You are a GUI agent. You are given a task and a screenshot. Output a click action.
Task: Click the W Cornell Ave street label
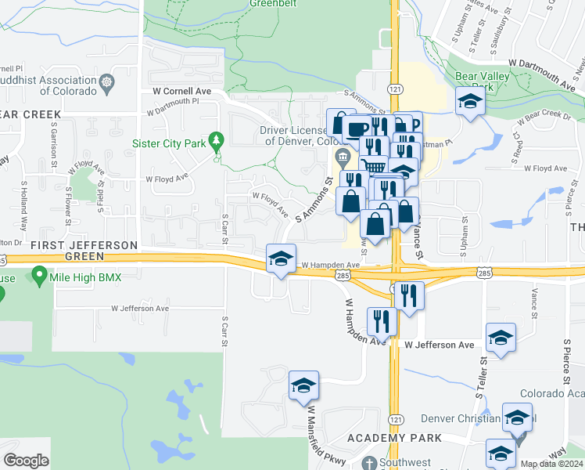183,91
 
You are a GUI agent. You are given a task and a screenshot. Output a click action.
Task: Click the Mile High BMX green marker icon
38,276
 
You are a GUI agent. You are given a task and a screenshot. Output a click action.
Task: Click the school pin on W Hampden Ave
281,259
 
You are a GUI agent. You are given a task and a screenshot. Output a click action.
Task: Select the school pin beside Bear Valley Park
469,103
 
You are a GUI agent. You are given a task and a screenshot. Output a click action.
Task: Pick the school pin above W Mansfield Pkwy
303,385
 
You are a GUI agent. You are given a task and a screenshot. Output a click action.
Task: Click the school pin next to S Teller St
501,338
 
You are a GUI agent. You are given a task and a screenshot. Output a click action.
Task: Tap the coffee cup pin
357,129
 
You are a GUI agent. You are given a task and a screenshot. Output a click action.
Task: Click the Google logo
26,461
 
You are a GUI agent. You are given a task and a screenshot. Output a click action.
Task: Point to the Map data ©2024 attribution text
551,464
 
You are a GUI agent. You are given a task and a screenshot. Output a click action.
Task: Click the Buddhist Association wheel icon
106,80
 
